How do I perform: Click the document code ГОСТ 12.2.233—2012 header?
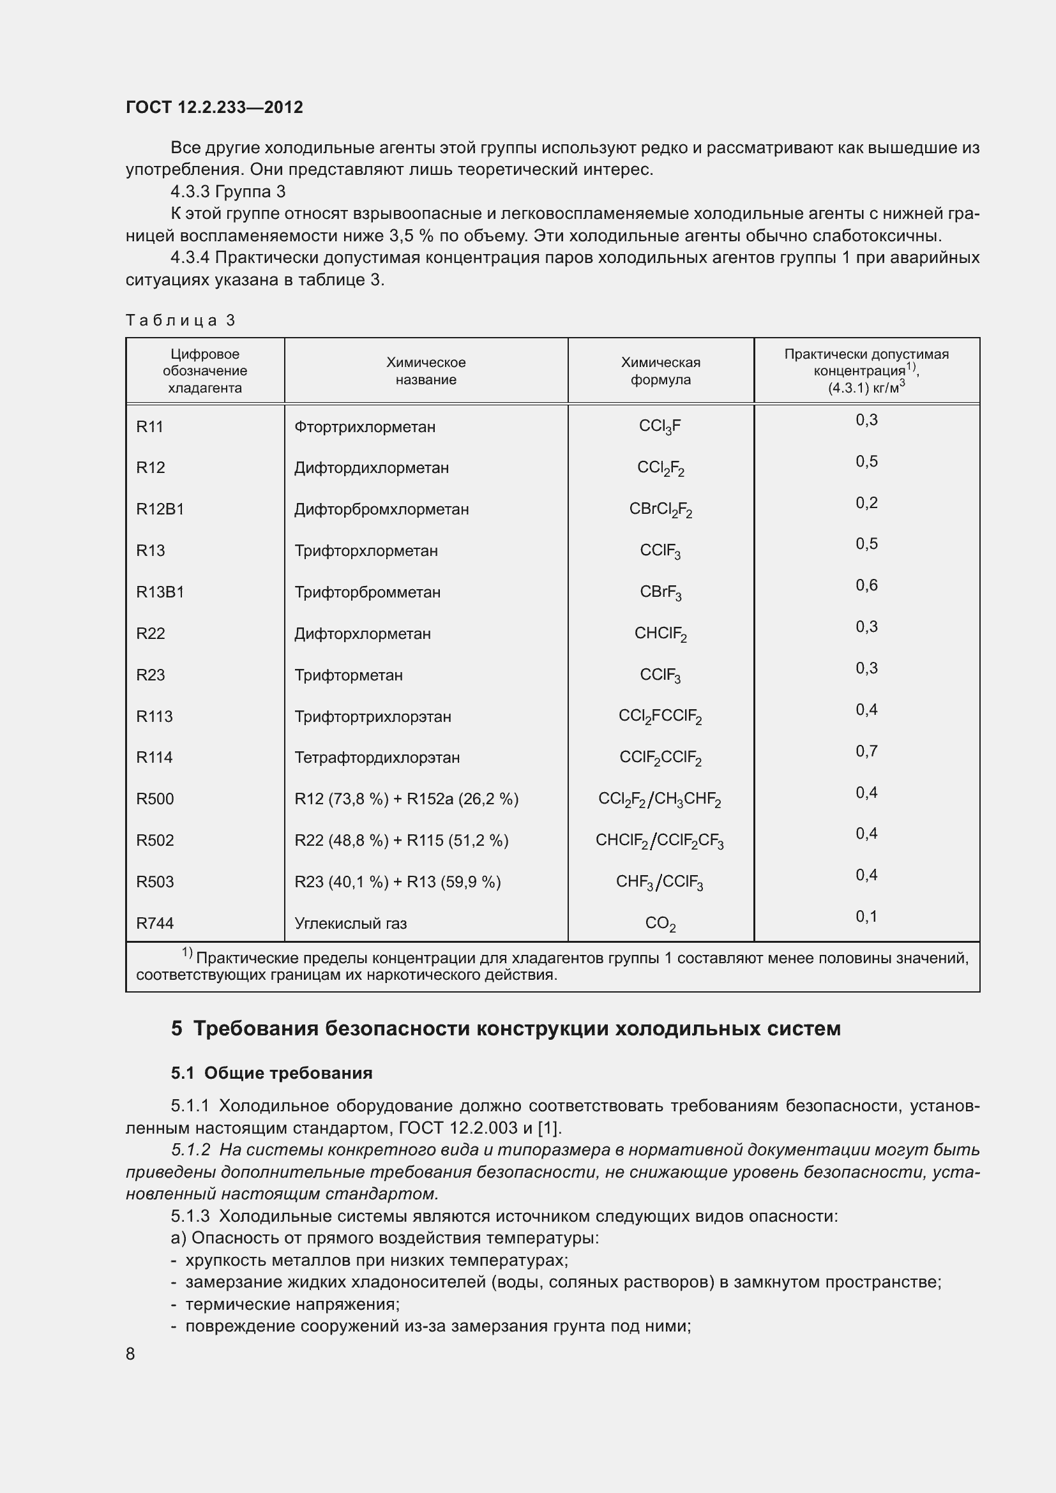coord(214,107)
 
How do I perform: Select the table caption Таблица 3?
coord(180,320)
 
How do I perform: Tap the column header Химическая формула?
coord(660,371)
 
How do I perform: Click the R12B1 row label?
coord(160,509)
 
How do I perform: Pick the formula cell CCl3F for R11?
coord(660,426)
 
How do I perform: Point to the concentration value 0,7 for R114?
coord(866,752)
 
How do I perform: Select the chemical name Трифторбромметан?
coord(367,592)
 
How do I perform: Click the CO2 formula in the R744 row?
coord(660,924)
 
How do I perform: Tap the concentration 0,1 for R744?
coord(866,917)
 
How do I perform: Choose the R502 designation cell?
coord(155,841)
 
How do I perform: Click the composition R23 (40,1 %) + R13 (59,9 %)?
coord(397,882)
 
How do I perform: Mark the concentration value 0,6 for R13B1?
coord(866,585)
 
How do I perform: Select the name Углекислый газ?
coord(351,924)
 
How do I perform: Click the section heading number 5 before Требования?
coord(177,1029)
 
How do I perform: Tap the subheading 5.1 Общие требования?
coord(272,1074)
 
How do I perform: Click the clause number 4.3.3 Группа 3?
coord(227,192)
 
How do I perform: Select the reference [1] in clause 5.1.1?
coord(550,1127)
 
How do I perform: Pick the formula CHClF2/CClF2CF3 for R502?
coord(660,841)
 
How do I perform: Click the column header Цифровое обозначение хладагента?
coord(205,371)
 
